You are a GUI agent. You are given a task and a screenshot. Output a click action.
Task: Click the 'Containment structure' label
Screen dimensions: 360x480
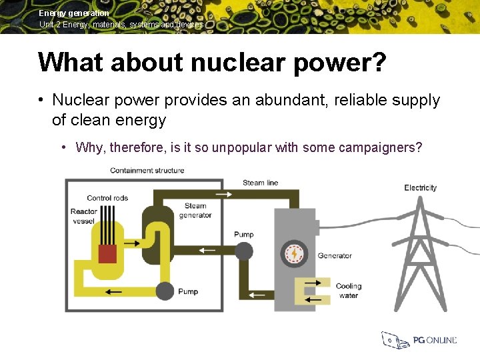[x=147, y=171]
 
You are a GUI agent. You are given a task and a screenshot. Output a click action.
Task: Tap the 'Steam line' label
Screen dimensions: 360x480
[x=260, y=183]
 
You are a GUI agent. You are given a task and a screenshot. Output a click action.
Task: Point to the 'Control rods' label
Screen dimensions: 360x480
[x=107, y=198]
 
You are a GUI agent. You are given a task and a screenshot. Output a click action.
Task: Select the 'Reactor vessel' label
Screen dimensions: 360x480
[x=84, y=217]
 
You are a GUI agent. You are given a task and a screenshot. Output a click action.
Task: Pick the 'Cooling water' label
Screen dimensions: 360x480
[x=348, y=291]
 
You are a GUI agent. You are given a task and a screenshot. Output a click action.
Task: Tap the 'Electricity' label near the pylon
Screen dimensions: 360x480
[x=420, y=188]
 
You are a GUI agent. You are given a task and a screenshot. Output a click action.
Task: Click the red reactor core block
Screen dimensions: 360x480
[x=108, y=254]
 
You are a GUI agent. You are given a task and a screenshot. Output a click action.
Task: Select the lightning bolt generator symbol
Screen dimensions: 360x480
[x=293, y=254]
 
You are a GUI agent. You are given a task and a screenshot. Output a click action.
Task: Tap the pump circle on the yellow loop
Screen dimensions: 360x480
[x=165, y=291]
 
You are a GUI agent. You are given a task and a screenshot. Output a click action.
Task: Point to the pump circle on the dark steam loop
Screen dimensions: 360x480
[x=244, y=251]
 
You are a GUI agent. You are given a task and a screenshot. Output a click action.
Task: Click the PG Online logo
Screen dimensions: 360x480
[x=419, y=340]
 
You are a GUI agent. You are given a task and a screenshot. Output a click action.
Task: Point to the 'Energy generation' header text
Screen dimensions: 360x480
[x=74, y=13]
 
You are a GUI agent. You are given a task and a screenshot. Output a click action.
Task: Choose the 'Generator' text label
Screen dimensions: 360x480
[x=335, y=255]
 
